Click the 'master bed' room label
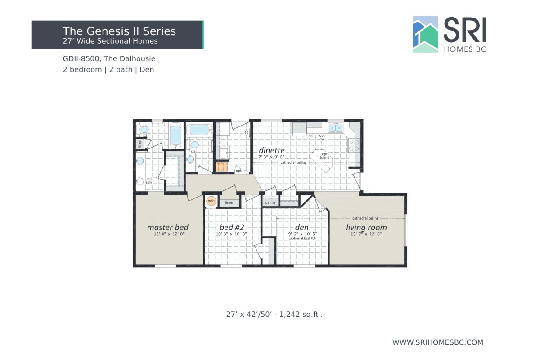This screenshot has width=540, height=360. [167, 227]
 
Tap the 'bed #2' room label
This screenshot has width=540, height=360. [231, 227]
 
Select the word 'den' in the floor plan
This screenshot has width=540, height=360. [301, 227]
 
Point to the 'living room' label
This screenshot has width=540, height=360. [366, 227]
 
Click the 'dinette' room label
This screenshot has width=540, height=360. [271, 150]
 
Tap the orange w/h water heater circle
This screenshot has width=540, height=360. [211, 201]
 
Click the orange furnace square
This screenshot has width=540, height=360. [221, 167]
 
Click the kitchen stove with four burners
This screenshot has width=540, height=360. [354, 145]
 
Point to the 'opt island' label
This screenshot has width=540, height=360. [325, 156]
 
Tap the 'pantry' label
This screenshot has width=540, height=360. [270, 202]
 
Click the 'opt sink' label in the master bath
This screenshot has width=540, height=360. [149, 180]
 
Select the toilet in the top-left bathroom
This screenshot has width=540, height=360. [144, 130]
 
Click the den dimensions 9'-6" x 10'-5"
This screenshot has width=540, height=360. [302, 234]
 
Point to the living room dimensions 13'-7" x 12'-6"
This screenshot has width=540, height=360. [366, 234]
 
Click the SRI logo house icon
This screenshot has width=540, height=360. [425, 35]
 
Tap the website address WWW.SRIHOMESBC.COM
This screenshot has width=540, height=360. [437, 342]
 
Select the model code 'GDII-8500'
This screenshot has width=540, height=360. [81, 59]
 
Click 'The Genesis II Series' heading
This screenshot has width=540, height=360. [119, 31]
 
